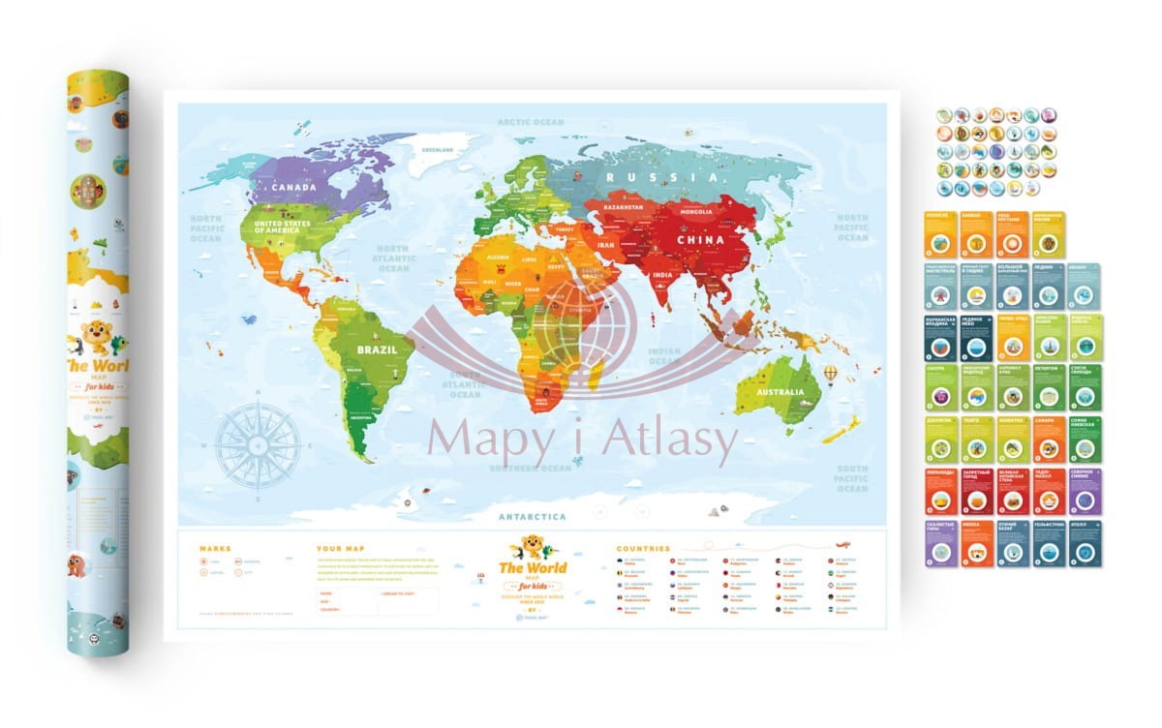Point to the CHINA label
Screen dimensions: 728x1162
(700, 239)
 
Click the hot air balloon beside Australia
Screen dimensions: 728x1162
(831, 372)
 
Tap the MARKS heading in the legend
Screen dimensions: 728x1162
(215, 549)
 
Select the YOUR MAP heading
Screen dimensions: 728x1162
(338, 549)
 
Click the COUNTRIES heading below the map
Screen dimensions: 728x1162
(643, 549)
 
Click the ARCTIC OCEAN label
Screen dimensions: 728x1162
(530, 122)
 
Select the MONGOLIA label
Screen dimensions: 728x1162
(697, 210)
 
